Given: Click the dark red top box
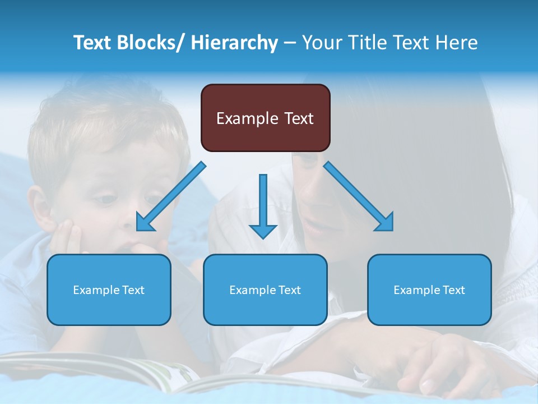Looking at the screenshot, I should (x=265, y=118).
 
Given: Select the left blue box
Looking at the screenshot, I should (x=109, y=290).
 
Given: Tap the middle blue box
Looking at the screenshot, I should (x=265, y=290).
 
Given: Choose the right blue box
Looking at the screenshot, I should (x=429, y=290).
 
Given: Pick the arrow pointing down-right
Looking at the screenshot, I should (x=359, y=196).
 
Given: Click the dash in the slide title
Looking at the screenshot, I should (x=290, y=43).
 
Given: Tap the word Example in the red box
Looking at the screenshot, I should (x=247, y=118).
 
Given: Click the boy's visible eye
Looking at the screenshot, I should (x=105, y=199).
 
